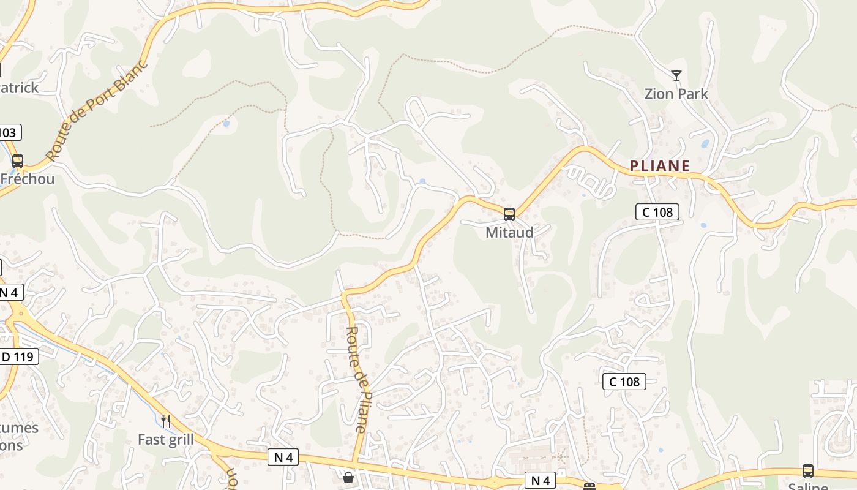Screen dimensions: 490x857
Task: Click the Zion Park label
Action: (x=676, y=94)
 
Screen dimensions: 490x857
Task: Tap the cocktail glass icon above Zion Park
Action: (x=676, y=76)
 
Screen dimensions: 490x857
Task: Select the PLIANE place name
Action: (x=660, y=166)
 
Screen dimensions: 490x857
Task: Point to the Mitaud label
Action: (x=509, y=233)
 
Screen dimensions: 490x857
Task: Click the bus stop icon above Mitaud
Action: (x=509, y=214)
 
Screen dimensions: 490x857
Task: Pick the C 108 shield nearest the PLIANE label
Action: (x=657, y=212)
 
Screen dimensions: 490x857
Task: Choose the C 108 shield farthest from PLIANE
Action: (x=624, y=382)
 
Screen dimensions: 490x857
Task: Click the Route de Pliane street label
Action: (x=357, y=380)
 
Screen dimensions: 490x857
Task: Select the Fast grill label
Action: (x=165, y=440)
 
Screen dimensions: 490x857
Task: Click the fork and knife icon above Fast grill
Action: (x=165, y=421)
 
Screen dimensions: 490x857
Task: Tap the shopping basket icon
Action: (x=348, y=477)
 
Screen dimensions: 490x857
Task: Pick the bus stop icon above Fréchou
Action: (x=18, y=161)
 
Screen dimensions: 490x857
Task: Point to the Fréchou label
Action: (x=28, y=179)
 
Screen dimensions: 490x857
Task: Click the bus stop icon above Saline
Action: (x=808, y=471)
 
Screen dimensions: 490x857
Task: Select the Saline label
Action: (x=808, y=486)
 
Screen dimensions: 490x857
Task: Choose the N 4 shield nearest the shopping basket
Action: (x=283, y=457)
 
